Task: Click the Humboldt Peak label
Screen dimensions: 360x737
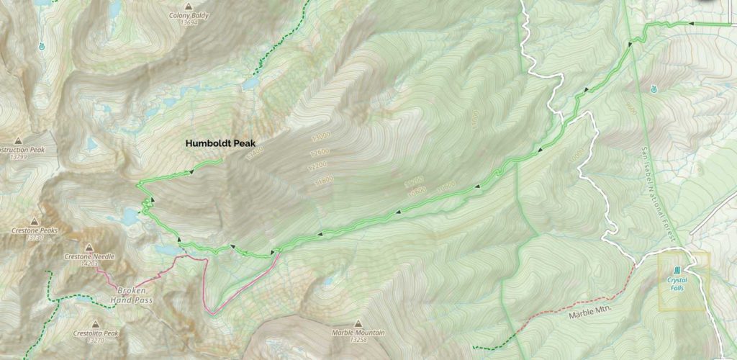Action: pos(221,143)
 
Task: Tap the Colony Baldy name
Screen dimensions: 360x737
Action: pos(189,15)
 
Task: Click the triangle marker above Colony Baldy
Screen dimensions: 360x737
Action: pos(189,6)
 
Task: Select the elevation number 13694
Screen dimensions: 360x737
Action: pos(189,23)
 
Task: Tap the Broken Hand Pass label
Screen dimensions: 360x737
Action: pos(136,294)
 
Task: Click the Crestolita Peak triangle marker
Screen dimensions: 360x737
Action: pos(95,325)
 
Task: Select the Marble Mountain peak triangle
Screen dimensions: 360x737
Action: pos(358,324)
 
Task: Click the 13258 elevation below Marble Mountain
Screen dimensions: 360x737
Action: pos(358,341)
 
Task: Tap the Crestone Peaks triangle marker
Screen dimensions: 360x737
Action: pos(35,222)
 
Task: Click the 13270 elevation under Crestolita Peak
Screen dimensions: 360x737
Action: pos(95,341)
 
